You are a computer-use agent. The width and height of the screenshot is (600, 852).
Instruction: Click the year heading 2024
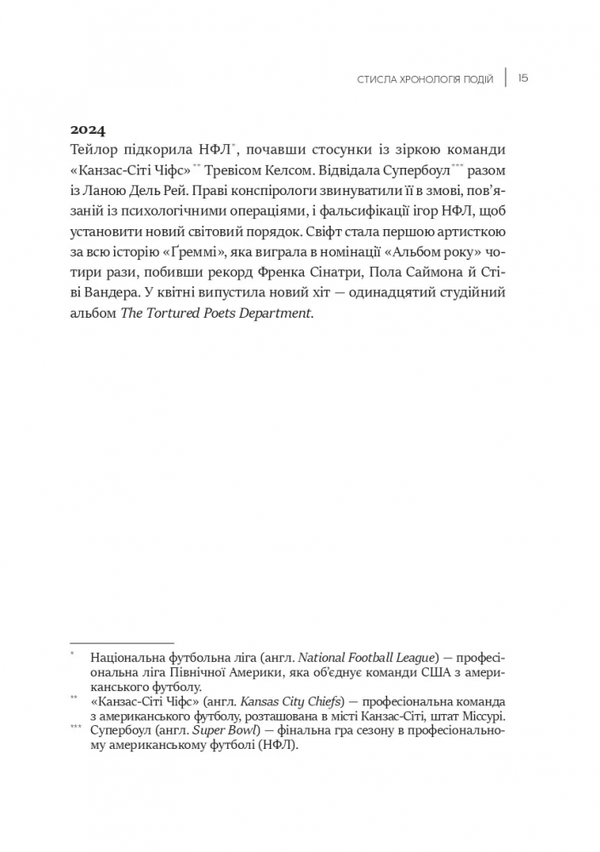click(x=87, y=130)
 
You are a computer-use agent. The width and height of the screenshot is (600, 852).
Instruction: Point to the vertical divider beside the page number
click(x=506, y=78)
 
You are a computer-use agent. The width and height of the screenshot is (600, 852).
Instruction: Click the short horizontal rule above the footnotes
click(x=122, y=643)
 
